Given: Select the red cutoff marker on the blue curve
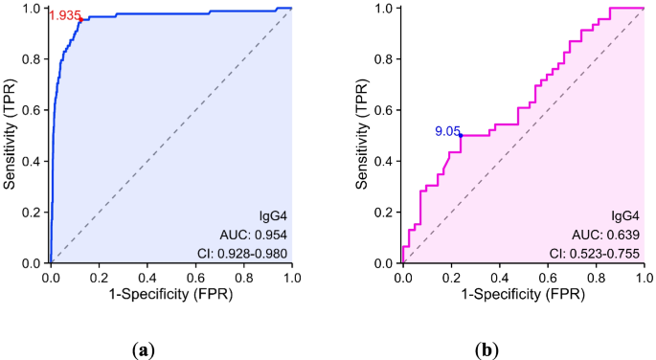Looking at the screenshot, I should pyautogui.click(x=80, y=19).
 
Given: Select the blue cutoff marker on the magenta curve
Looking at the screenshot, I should pyautogui.click(x=461, y=136).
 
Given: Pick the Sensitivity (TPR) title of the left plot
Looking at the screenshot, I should pyautogui.click(x=11, y=135).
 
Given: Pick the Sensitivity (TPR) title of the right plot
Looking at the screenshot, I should pyautogui.click(x=363, y=135).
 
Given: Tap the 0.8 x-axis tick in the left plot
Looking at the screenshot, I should pyautogui.click(x=243, y=277).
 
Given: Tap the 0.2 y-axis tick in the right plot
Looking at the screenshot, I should pyautogui.click(x=385, y=212).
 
